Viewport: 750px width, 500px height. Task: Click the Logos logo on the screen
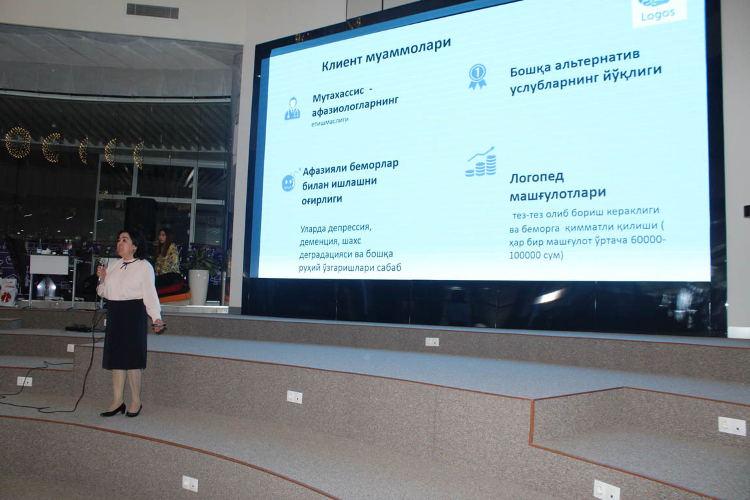tap(659, 10)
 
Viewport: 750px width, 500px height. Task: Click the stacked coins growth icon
tap(480, 161)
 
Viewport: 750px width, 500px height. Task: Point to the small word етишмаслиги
tap(330, 122)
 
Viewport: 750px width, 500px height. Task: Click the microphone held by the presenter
tap(102, 268)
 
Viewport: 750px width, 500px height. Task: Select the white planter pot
tap(199, 286)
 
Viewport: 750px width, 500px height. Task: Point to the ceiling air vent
tap(152, 10)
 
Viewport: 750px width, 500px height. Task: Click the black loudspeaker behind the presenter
tap(140, 217)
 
